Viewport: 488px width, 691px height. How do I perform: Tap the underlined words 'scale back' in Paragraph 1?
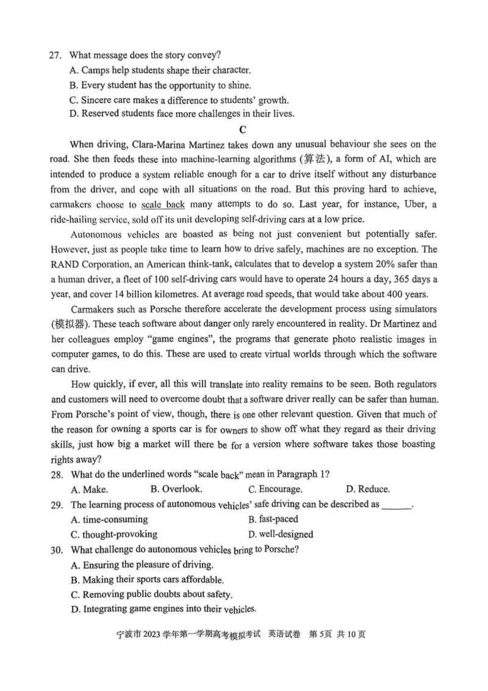point(162,204)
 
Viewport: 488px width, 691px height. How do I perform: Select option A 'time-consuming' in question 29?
point(110,519)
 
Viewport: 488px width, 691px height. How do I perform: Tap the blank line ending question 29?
point(396,505)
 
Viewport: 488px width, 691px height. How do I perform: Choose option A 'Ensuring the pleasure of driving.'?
point(143,565)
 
